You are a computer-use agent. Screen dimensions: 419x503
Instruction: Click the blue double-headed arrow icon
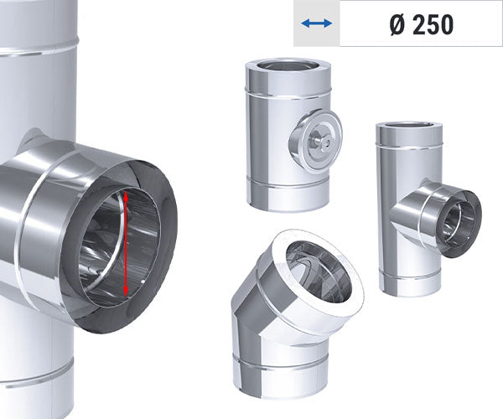pyautogui.click(x=317, y=23)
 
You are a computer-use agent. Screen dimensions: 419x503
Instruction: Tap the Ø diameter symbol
pyautogui.click(x=401, y=24)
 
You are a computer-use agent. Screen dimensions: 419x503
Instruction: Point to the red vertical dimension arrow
pyautogui.click(x=125, y=243)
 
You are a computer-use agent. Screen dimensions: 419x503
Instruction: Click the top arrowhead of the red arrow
pyautogui.click(x=124, y=194)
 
